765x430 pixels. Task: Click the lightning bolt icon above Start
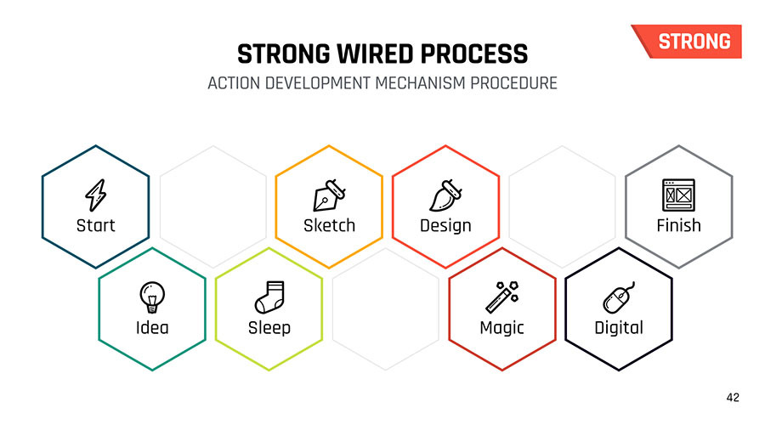coord(95,195)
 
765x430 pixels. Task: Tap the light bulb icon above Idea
coord(152,297)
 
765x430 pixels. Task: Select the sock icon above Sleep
coord(269,297)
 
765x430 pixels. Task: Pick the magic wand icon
coord(502,297)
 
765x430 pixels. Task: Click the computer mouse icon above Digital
coord(619,297)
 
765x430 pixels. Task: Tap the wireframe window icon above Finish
coord(678,195)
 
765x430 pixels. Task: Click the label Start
coord(95,225)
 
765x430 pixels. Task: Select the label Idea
coord(152,328)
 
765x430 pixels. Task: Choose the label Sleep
coord(269,328)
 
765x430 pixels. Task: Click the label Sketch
coord(329,225)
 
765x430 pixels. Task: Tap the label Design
coord(446,226)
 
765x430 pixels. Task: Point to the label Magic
coord(502,328)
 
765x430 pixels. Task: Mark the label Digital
coord(619,328)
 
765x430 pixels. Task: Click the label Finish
coord(678,225)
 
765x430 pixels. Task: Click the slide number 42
coord(733,398)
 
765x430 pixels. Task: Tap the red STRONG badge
coord(688,42)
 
